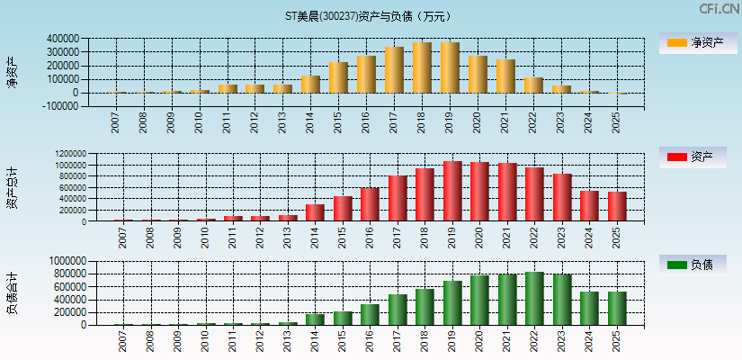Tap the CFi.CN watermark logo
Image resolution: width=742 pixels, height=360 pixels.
(x=719, y=9)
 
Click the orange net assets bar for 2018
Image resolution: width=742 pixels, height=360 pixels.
(x=422, y=67)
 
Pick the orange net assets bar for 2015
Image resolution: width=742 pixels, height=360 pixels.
(x=337, y=77)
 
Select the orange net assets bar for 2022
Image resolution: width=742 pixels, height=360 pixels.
(x=533, y=85)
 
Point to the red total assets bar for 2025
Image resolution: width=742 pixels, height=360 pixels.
(x=617, y=206)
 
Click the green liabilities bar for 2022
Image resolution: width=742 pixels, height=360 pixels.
(x=534, y=298)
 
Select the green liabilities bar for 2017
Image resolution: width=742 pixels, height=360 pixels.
(x=398, y=310)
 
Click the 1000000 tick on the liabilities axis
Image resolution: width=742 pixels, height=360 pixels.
(x=68, y=261)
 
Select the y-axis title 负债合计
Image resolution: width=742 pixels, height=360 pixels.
(x=12, y=292)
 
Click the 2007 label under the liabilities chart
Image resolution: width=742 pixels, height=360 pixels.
(x=122, y=340)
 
